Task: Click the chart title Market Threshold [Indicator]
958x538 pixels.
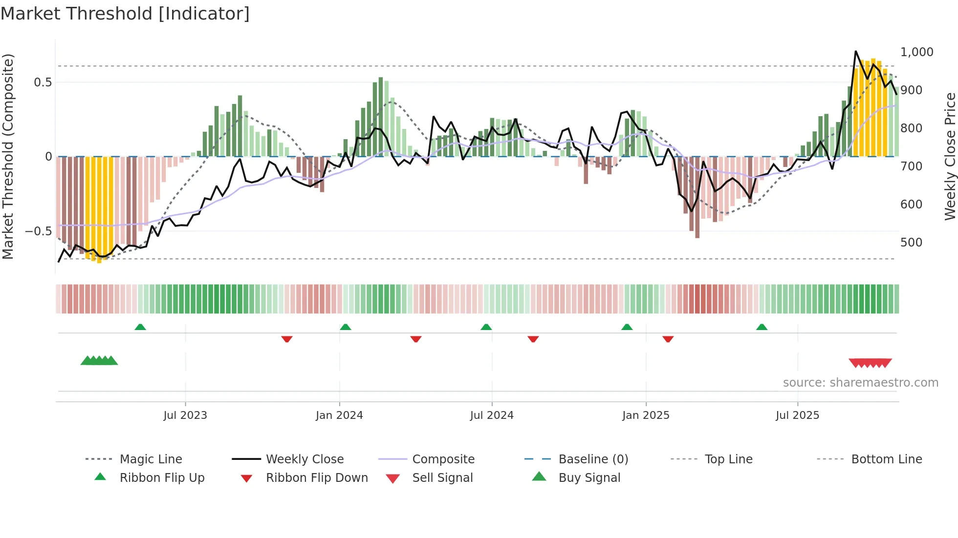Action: pyautogui.click(x=125, y=14)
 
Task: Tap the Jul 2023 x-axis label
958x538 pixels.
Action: pyautogui.click(x=185, y=415)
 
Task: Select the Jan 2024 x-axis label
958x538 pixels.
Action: pyautogui.click(x=339, y=415)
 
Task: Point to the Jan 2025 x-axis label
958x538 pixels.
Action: pyautogui.click(x=646, y=415)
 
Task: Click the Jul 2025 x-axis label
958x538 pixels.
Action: pyautogui.click(x=797, y=415)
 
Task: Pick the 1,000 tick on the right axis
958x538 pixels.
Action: pyautogui.click(x=916, y=52)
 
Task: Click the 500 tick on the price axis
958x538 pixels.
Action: pyautogui.click(x=911, y=243)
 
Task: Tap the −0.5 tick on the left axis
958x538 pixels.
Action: pyautogui.click(x=39, y=231)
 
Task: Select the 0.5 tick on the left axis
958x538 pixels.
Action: pyautogui.click(x=43, y=83)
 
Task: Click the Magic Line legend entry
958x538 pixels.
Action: pyautogui.click(x=151, y=459)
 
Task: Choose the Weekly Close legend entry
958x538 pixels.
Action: pyautogui.click(x=305, y=459)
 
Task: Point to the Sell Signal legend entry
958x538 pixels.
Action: pyautogui.click(x=442, y=478)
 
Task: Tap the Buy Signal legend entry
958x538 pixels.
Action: pyautogui.click(x=589, y=478)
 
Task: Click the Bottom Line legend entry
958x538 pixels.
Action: pyautogui.click(x=886, y=459)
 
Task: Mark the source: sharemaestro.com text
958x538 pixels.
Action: pyautogui.click(x=860, y=383)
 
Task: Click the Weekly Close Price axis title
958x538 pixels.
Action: pyautogui.click(x=950, y=156)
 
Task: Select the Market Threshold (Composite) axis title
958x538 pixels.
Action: pyautogui.click(x=8, y=156)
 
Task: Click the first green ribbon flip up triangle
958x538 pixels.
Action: pyautogui.click(x=140, y=327)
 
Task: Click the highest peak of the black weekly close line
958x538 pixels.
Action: pyautogui.click(x=856, y=51)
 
